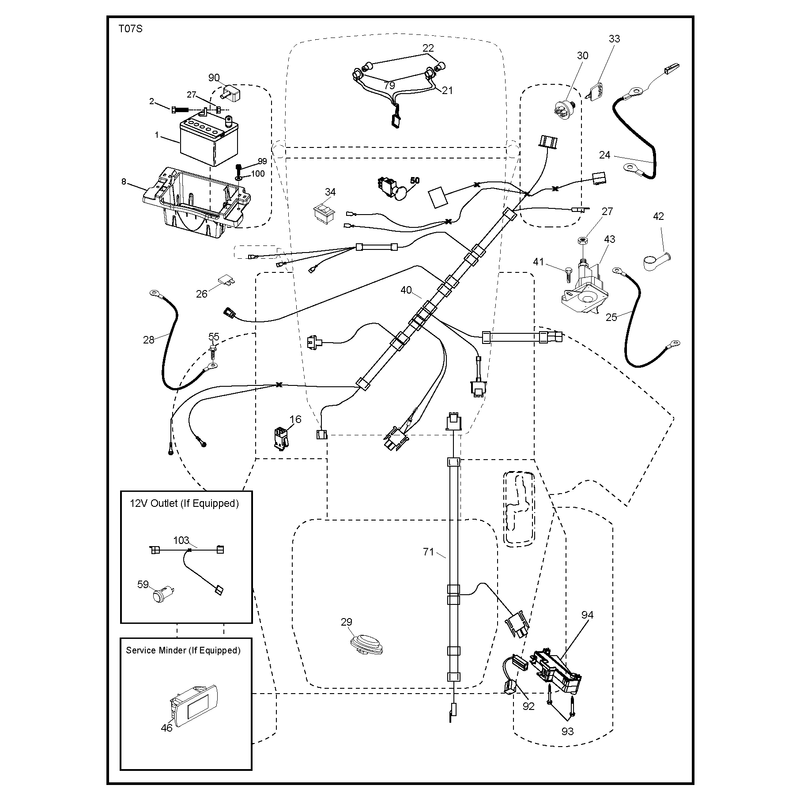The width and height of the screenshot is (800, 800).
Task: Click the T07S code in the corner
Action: [130, 29]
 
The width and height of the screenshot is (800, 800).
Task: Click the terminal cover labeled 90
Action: [232, 93]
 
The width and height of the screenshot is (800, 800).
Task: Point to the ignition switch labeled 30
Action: [566, 108]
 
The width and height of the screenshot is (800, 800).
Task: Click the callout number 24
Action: [605, 155]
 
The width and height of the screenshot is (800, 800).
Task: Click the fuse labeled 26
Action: [226, 280]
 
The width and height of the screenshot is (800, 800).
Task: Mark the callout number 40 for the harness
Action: [406, 290]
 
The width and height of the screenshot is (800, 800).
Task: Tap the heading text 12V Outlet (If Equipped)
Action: [184, 503]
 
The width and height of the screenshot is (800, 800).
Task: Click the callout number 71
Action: [429, 552]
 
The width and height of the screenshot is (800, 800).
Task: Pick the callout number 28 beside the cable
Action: [148, 340]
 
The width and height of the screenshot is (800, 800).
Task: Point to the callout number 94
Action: [587, 615]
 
